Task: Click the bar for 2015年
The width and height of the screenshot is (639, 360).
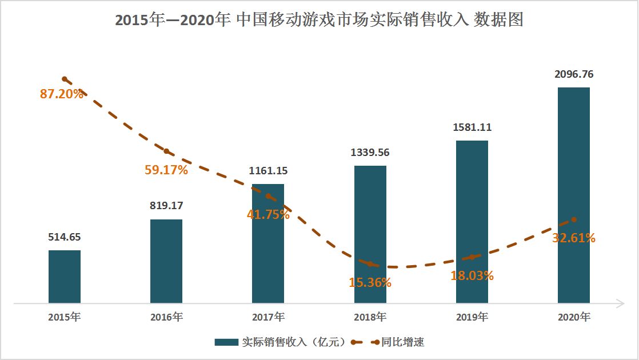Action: [65, 277]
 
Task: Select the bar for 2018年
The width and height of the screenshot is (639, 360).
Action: [370, 234]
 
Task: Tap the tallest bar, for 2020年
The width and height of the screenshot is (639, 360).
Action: [574, 195]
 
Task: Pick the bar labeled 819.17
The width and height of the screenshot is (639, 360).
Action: [166, 261]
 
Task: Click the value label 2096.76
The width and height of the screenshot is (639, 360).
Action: [574, 74]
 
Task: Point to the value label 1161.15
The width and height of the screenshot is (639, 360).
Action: [268, 170]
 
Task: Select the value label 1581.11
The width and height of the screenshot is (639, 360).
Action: [472, 127]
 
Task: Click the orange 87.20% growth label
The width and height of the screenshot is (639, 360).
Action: [62, 94]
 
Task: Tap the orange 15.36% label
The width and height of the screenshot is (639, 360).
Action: [370, 282]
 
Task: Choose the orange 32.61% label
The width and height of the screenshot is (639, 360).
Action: [574, 238]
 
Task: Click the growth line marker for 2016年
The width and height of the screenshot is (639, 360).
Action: [166, 151]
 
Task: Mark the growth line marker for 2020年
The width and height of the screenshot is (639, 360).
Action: [574, 219]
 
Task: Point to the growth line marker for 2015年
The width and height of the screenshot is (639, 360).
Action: [65, 79]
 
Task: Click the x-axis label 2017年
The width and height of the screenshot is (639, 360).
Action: [268, 317]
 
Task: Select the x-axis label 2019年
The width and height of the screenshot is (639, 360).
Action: [472, 317]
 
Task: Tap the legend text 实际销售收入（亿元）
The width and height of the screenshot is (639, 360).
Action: [294, 342]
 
